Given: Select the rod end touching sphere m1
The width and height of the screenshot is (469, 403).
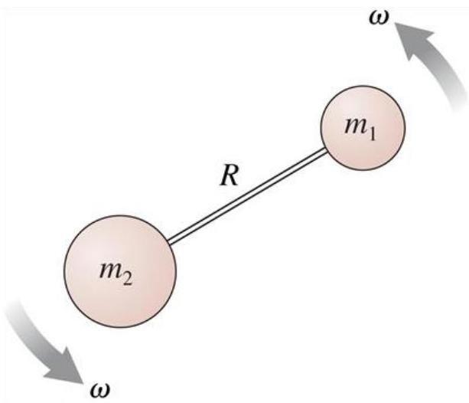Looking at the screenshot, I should [x=325, y=152].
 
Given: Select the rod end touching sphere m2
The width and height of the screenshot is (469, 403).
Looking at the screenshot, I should [x=171, y=242].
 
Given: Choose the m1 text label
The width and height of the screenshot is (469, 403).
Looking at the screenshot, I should [x=359, y=129].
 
